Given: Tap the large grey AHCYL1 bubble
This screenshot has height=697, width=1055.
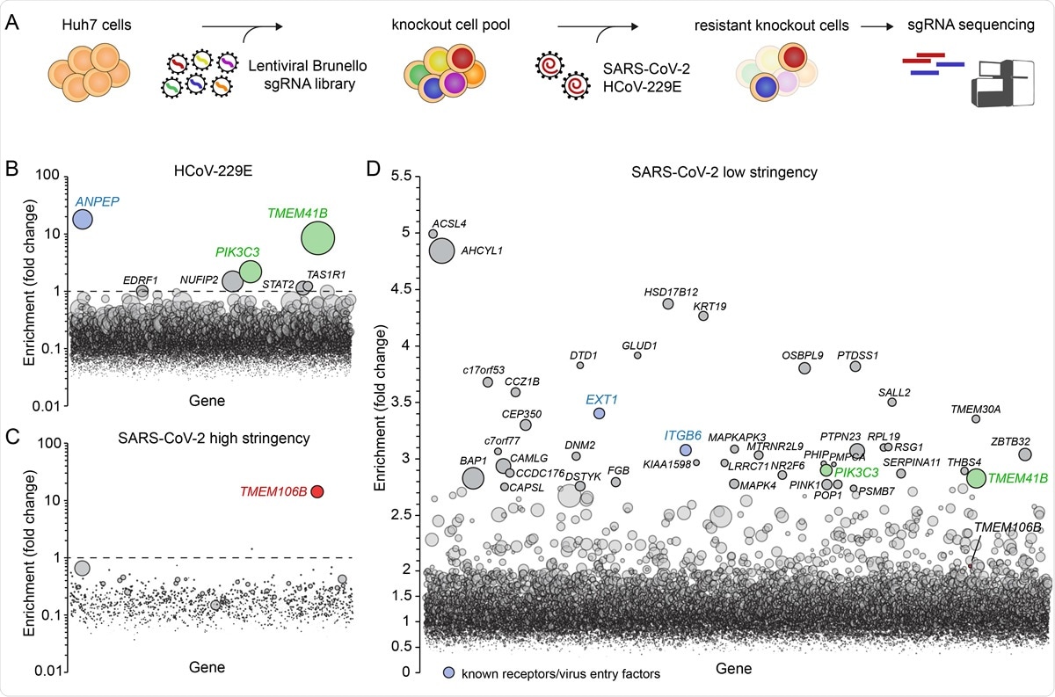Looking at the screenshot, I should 441,250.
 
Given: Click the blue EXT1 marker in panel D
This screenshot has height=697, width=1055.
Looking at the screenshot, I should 599,413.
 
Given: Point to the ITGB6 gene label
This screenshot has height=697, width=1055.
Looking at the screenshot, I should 682,434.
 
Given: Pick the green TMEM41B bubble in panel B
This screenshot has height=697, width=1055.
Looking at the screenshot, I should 317,236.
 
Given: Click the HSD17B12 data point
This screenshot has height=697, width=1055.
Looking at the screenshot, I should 668,303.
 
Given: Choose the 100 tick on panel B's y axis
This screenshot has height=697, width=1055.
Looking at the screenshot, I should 55,177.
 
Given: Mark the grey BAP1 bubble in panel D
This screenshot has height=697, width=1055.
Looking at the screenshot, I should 473,477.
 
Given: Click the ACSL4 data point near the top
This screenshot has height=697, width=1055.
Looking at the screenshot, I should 433,234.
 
